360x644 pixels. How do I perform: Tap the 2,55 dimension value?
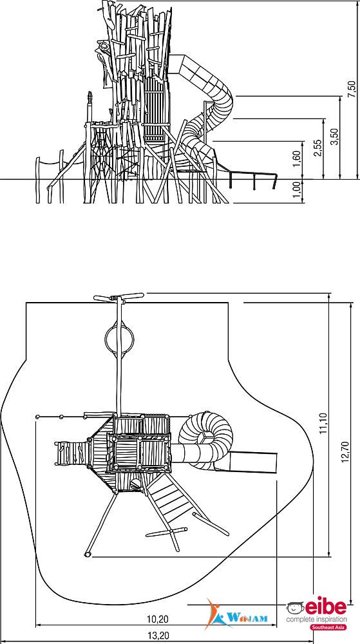point(317,148)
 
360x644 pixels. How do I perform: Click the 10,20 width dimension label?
point(158,619)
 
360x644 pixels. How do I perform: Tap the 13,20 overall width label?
point(158,636)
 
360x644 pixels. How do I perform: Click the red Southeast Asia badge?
point(328,627)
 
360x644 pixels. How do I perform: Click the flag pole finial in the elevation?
point(90,98)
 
